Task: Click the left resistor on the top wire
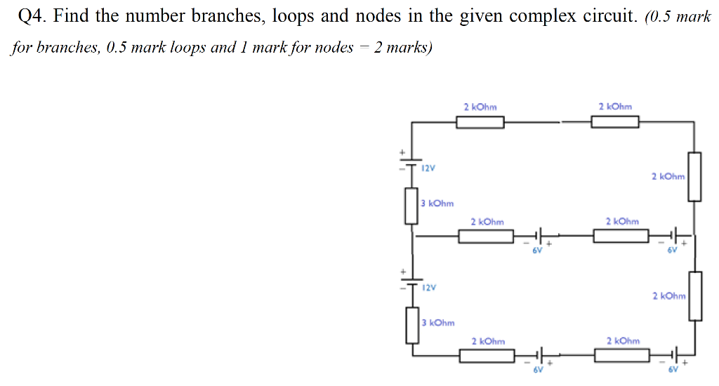(480, 123)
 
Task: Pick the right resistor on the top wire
(614, 123)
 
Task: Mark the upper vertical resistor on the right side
(694, 177)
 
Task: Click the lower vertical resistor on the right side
(694, 296)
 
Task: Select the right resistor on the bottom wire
(621, 355)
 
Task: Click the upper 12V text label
(428, 168)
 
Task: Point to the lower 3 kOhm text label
(437, 323)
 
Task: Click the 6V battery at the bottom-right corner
(675, 355)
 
